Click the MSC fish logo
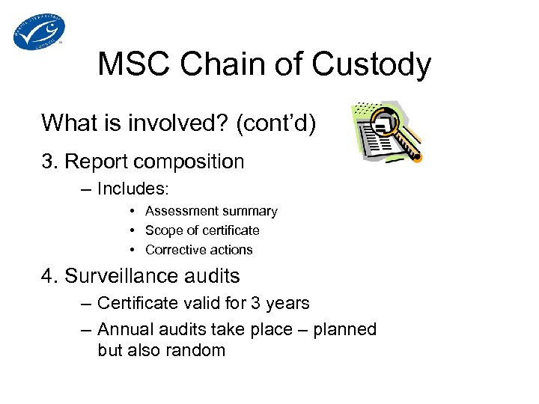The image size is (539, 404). point(39,31)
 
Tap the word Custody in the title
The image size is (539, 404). point(371,65)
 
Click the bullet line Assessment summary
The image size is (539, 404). point(211,211)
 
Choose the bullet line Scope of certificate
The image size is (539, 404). point(202,230)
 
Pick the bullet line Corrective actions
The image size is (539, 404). point(199,250)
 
